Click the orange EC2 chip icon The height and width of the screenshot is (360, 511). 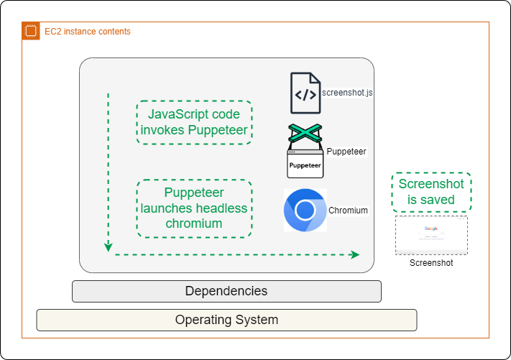[30, 31]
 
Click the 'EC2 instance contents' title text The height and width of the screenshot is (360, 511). [87, 32]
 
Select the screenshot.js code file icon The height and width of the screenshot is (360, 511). [305, 93]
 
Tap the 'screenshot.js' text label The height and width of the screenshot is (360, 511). [347, 93]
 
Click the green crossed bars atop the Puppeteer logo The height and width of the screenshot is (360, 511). [305, 134]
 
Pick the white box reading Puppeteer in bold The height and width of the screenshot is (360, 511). [305, 164]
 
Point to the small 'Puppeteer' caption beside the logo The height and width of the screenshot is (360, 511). [346, 152]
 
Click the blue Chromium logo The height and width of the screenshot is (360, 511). [305, 210]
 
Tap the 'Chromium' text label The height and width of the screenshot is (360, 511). [348, 211]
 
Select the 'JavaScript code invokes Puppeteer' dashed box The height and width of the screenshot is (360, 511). [194, 122]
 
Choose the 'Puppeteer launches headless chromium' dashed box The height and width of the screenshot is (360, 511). [194, 208]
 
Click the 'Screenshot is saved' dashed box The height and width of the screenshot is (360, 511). [431, 192]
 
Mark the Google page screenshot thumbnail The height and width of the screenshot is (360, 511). [431, 235]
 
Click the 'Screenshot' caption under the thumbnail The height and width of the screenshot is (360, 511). [431, 263]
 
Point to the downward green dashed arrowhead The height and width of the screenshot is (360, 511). [109, 247]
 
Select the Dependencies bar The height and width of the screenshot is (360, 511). [226, 291]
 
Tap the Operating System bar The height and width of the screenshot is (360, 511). [226, 320]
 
